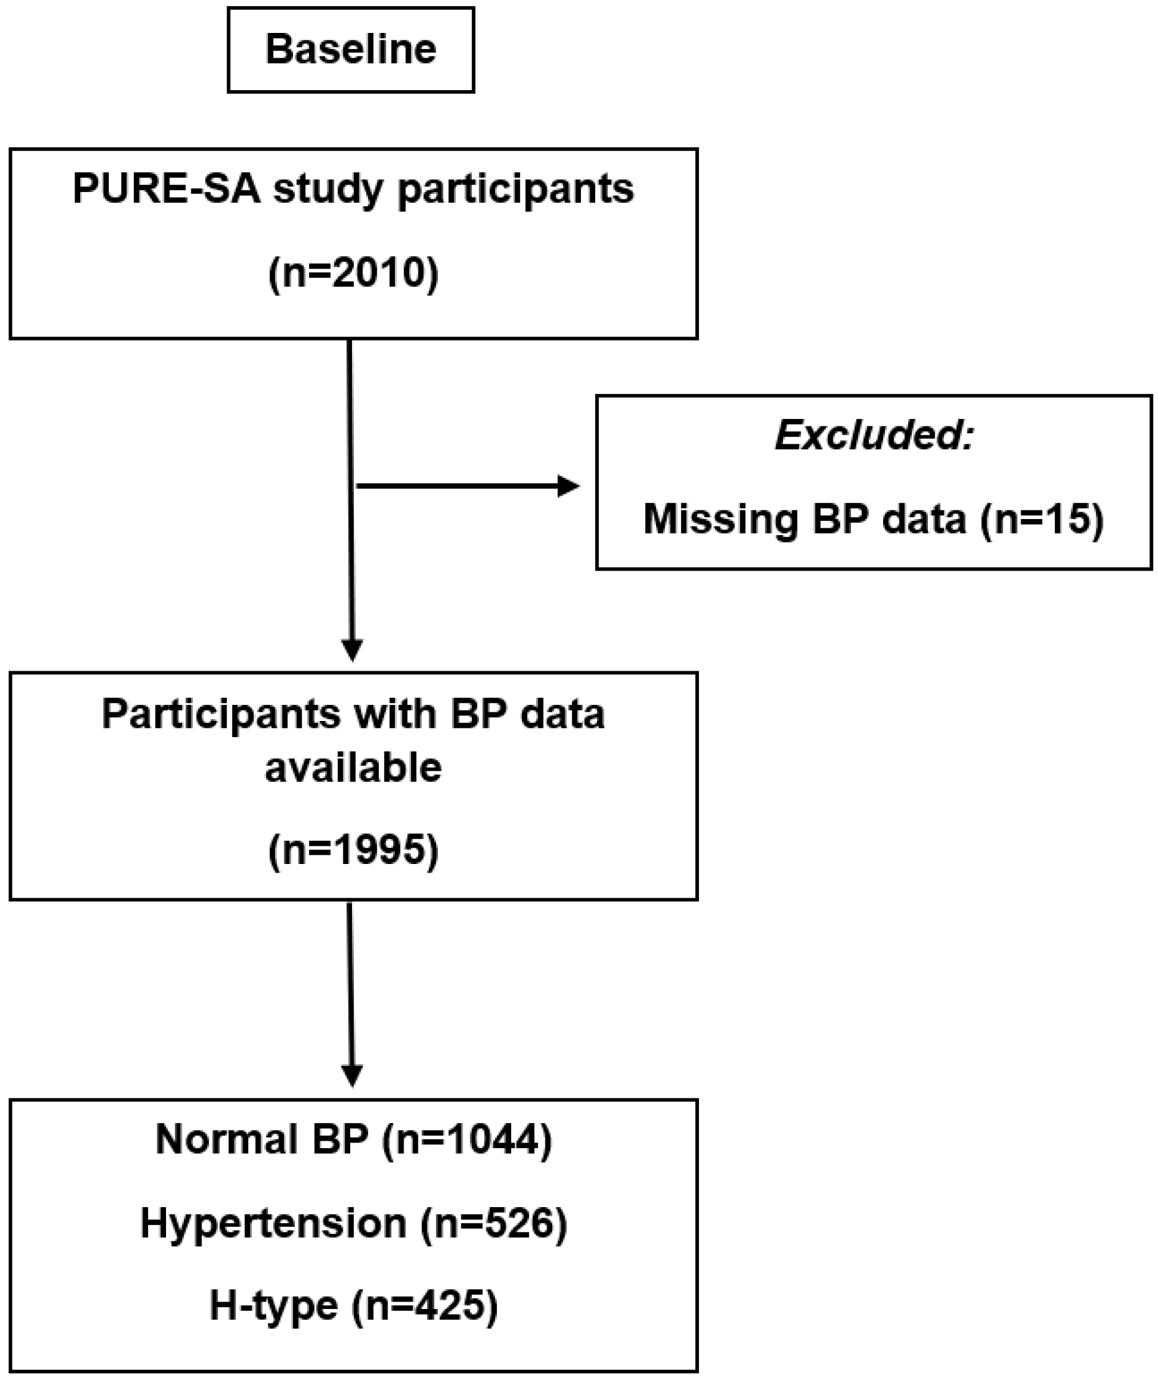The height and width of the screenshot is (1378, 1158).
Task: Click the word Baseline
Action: click(351, 49)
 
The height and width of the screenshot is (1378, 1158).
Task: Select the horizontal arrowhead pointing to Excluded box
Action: click(568, 486)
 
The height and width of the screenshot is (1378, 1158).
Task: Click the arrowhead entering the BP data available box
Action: click(353, 650)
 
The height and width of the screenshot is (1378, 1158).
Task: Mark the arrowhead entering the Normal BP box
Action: click(353, 1075)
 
